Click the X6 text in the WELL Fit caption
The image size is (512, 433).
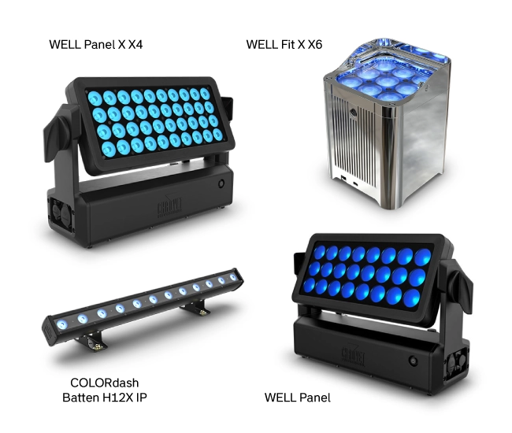(x=312, y=44)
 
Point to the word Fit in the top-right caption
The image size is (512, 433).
(x=282, y=44)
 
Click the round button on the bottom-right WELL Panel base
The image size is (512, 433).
(x=412, y=361)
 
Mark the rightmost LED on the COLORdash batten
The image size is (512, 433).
(x=232, y=276)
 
